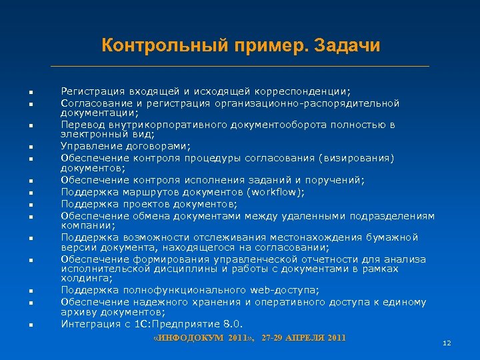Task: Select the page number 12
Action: (447, 343)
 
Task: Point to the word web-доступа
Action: (284, 289)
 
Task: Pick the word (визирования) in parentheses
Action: (357, 158)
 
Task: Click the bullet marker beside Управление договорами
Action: (31, 147)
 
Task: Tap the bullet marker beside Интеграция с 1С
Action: (31, 325)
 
